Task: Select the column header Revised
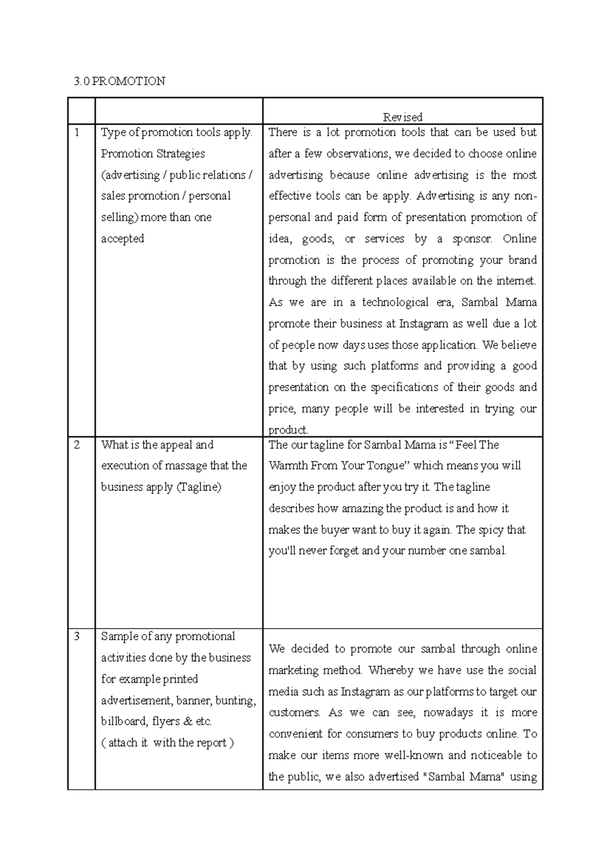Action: click(402, 117)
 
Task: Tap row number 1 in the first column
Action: click(77, 133)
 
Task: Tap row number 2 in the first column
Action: click(77, 445)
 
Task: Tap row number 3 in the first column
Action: click(77, 636)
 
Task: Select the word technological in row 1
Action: click(395, 302)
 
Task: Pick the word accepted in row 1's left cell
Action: click(123, 239)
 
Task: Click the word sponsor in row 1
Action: click(472, 239)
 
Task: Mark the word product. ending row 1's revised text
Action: click(288, 430)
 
